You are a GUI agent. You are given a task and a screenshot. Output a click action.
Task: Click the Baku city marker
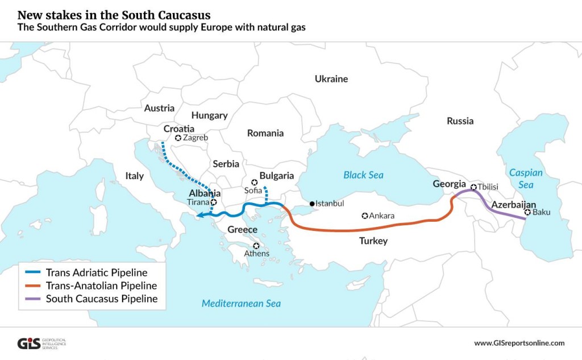point(528,213)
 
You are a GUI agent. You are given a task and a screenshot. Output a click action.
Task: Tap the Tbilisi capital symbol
point(473,186)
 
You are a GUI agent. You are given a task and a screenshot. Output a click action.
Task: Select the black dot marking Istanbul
point(312,203)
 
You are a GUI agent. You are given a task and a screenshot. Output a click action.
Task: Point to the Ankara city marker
point(365,216)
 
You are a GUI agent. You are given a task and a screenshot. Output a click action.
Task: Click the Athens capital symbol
point(256,246)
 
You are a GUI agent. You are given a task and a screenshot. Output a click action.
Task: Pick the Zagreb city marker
point(178,138)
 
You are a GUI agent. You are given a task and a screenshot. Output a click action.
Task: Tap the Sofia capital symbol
point(255,183)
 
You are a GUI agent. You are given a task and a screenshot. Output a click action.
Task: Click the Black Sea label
point(363,175)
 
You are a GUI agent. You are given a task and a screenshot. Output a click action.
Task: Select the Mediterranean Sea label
point(241,304)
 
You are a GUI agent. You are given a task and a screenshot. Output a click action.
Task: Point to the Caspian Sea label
point(526,179)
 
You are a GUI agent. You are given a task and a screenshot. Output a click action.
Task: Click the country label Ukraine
point(331,79)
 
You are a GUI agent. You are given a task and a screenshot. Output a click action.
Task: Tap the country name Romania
point(265,133)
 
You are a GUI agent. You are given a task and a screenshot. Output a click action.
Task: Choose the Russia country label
point(460,121)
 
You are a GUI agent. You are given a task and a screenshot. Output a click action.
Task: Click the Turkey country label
point(373,241)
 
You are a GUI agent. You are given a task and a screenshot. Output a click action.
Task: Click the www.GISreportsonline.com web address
point(519,343)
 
